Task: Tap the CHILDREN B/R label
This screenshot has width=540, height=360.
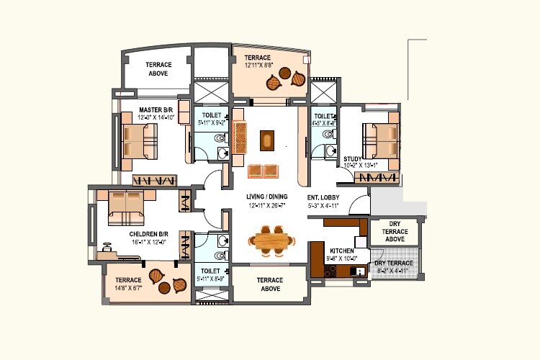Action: (x=149, y=234)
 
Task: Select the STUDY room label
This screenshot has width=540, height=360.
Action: (x=352, y=159)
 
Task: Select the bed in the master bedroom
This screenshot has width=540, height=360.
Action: (x=140, y=140)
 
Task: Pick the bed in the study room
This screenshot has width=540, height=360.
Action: (x=380, y=140)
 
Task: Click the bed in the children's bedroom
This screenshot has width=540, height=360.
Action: (x=126, y=205)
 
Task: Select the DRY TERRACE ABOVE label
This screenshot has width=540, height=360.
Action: (x=395, y=232)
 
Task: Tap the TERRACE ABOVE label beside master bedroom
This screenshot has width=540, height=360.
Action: (x=158, y=68)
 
